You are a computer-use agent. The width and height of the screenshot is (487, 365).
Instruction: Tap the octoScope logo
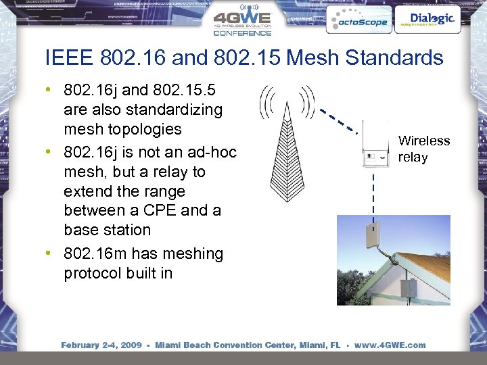(357, 21)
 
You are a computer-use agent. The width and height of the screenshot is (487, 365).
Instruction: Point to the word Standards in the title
(394, 57)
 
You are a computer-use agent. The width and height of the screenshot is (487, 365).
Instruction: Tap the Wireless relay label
(423, 149)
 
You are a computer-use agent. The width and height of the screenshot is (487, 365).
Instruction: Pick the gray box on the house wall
(410, 289)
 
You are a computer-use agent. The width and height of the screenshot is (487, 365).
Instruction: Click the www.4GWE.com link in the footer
(388, 345)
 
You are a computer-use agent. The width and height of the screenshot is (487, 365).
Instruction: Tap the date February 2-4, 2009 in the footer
(101, 345)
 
